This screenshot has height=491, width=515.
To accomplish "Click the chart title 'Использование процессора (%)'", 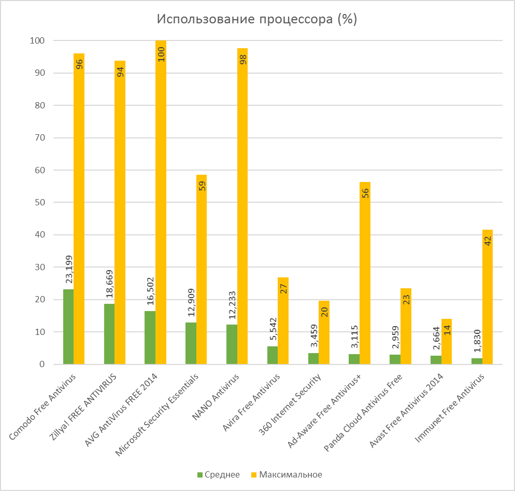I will pyautogui.click(x=257, y=19).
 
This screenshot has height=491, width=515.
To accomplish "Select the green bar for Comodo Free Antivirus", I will pyautogui.click(x=68, y=327).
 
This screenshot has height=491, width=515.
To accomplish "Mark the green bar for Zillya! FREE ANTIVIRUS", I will pyautogui.click(x=109, y=334).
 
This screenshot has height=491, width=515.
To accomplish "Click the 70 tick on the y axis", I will pyautogui.click(x=40, y=137).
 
